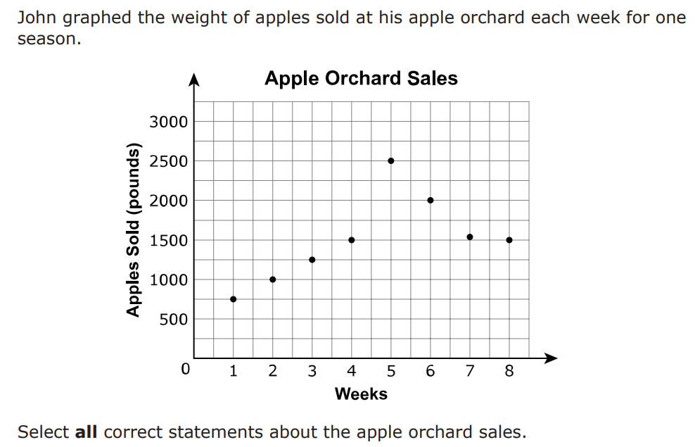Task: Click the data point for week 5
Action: [x=390, y=161]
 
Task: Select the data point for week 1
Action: [x=233, y=299]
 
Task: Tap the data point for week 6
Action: [x=431, y=201]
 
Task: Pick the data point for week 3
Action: [x=312, y=260]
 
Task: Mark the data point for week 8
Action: [x=509, y=240]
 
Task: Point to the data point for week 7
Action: [x=470, y=237]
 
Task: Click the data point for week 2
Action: [x=273, y=279]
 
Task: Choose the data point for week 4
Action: [x=352, y=240]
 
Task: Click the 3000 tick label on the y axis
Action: [x=168, y=122]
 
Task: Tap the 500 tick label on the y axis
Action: [x=173, y=320]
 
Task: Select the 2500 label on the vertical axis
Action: [x=168, y=161]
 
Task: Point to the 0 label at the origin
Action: [x=185, y=369]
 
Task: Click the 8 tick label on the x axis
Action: [x=509, y=371]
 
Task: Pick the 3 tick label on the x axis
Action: [x=312, y=371]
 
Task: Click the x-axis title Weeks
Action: [x=361, y=394]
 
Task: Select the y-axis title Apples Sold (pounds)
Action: [x=133, y=229]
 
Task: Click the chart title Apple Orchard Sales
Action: [x=361, y=79]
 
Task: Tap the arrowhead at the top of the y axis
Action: [x=193, y=79]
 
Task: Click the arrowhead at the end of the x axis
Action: [x=551, y=358]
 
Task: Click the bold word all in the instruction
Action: [x=86, y=432]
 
